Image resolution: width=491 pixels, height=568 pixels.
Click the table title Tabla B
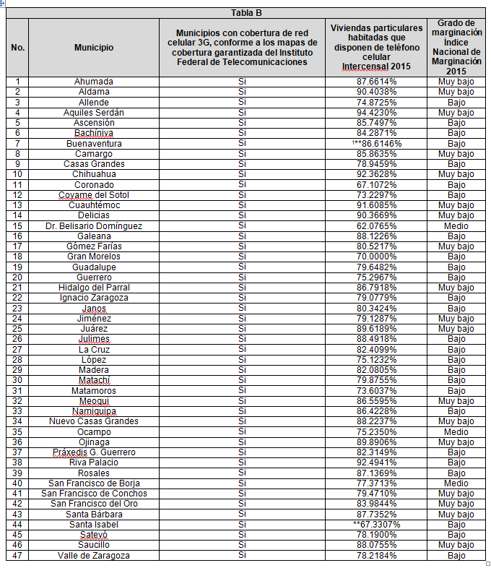point(246,13)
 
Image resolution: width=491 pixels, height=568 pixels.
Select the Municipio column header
point(94,48)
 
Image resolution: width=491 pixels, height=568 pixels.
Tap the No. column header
point(18,48)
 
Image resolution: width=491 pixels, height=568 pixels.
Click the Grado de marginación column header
point(456,48)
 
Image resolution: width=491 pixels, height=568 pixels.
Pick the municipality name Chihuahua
point(94,174)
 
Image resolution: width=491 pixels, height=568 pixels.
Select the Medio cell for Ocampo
point(456,432)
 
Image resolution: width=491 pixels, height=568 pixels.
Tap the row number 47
point(18,555)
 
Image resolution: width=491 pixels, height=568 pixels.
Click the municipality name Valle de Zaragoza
point(94,555)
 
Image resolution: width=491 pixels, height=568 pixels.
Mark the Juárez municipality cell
point(94,329)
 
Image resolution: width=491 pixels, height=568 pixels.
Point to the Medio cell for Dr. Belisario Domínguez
point(456,226)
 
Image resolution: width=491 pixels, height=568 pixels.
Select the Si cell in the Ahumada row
point(243,82)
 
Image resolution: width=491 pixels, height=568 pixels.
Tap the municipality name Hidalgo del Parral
point(94,288)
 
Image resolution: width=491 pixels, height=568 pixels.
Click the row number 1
point(18,82)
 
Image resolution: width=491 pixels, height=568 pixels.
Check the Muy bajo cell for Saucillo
point(456,545)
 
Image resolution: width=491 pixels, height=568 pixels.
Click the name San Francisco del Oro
point(94,504)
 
